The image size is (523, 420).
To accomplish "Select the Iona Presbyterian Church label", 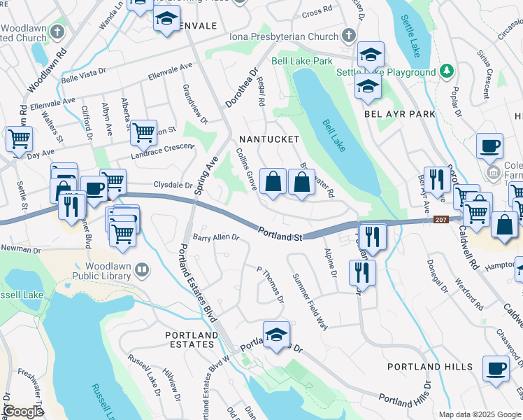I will click(285, 36).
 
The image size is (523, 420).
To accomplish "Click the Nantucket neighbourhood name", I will click(269, 139).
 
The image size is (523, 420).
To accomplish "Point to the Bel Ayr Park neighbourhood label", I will click(399, 113).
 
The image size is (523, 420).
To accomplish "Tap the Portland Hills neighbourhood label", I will click(429, 367).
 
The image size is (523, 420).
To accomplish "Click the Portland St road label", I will click(279, 234).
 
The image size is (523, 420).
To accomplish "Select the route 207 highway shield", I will click(440, 219).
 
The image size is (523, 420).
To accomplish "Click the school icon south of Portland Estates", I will click(277, 335).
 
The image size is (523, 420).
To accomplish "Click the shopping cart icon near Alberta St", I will click(143, 131).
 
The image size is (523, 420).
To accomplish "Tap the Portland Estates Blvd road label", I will click(196, 280).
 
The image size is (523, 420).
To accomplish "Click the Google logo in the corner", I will click(23, 412).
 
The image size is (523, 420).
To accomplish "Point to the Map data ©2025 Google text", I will click(480, 414).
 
